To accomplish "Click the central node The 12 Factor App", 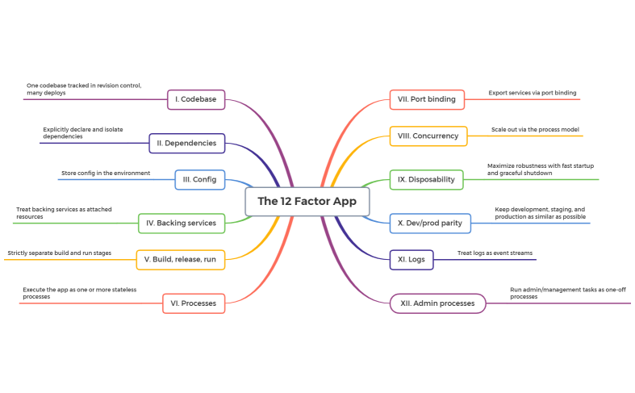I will point(307,201).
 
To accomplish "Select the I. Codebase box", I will point(196,99).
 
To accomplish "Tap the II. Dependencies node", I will point(187,143).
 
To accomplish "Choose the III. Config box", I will point(199,179).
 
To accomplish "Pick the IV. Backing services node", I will point(182,223).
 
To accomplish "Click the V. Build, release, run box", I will point(180,260).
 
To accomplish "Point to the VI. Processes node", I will point(193,303).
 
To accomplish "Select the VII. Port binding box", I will point(426,99).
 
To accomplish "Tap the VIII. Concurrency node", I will point(428,136).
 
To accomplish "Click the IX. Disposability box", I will point(426,179).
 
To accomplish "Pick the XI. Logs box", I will point(411,260).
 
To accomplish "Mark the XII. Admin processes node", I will point(437,303).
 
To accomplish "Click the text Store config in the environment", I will point(105,173).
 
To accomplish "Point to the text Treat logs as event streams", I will point(495,253).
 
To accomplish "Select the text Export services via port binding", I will point(532,93).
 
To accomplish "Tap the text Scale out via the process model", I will point(535,129).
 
